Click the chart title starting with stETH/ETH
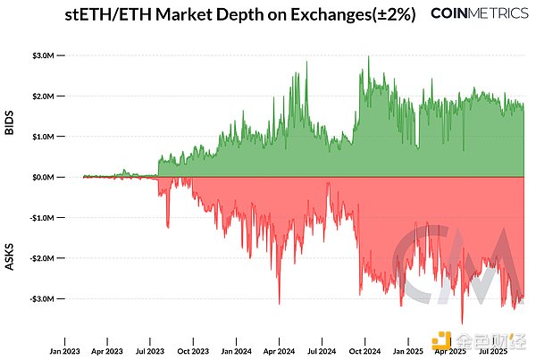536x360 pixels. point(240,15)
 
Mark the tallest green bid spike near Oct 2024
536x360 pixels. point(369,57)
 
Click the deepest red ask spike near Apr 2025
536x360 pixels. point(462,322)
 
